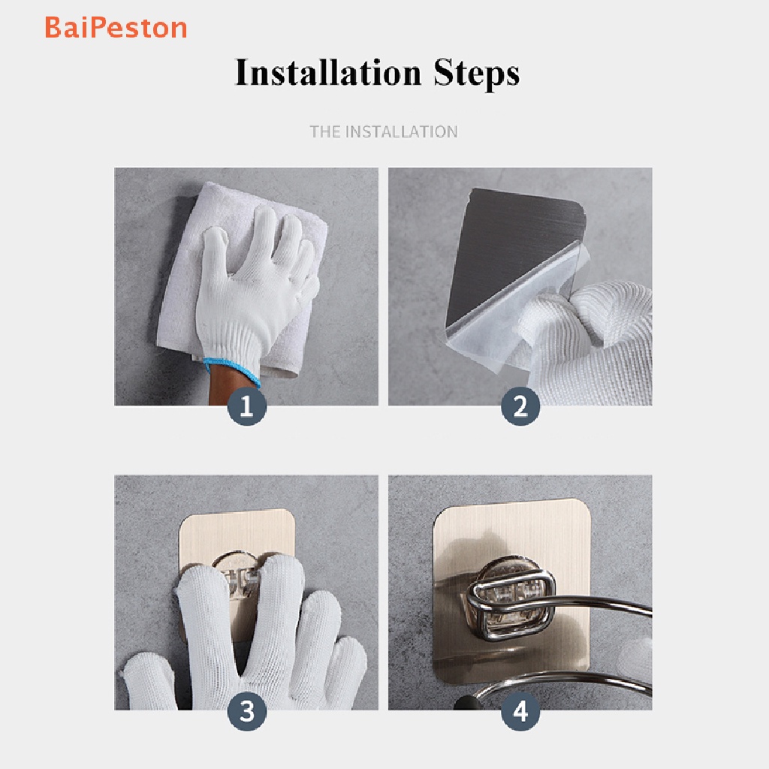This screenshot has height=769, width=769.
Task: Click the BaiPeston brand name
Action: click(116, 28)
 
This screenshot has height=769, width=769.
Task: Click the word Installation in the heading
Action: click(328, 73)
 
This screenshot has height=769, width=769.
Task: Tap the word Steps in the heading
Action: click(476, 74)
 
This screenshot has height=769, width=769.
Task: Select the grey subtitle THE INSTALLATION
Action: click(384, 131)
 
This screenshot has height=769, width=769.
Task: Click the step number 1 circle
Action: click(246, 406)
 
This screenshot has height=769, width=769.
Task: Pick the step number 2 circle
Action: click(520, 406)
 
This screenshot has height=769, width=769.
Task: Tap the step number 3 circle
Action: click(246, 711)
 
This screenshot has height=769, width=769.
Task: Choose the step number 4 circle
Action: click(520, 711)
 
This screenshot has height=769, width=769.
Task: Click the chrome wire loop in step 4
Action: click(510, 608)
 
